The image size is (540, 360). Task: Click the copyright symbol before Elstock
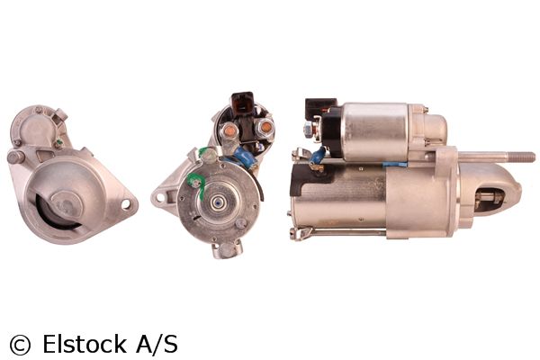tap(21, 345)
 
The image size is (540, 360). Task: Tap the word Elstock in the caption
tap(85, 344)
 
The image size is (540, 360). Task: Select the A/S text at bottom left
tap(157, 344)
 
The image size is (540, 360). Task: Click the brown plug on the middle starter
tap(242, 103)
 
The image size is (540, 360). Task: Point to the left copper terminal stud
tap(229, 130)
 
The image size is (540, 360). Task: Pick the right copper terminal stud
tap(265, 128)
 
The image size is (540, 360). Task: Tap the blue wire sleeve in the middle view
tap(246, 157)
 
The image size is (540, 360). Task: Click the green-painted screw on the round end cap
tap(196, 183)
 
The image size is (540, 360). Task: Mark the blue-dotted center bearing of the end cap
tap(218, 202)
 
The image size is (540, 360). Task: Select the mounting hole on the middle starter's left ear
tap(160, 197)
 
